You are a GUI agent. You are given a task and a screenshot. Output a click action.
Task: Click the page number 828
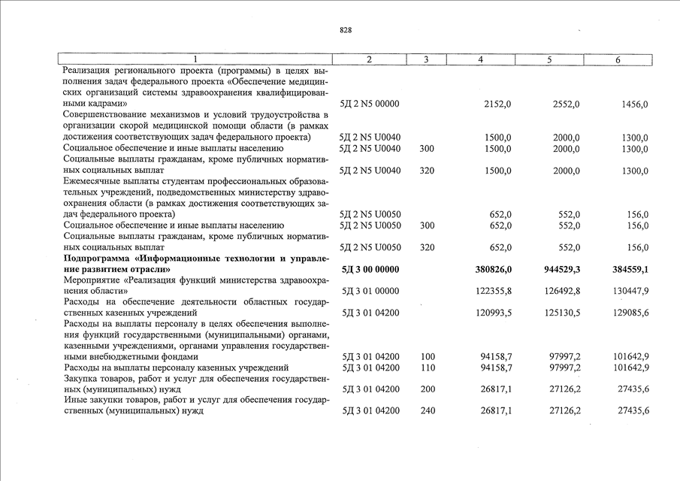coord(346,30)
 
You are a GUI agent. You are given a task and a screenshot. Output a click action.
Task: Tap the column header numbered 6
coord(617,59)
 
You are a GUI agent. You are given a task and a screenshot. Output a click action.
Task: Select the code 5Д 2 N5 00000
coord(370,104)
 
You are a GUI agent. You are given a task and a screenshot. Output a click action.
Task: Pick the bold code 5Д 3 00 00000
coord(370,269)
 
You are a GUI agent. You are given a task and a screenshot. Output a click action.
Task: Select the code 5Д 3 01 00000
coord(370,291)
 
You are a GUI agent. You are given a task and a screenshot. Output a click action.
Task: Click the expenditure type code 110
coord(428,368)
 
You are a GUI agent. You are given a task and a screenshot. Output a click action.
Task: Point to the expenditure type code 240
coord(428,411)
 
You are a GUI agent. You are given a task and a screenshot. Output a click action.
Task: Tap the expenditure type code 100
coord(428,357)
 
